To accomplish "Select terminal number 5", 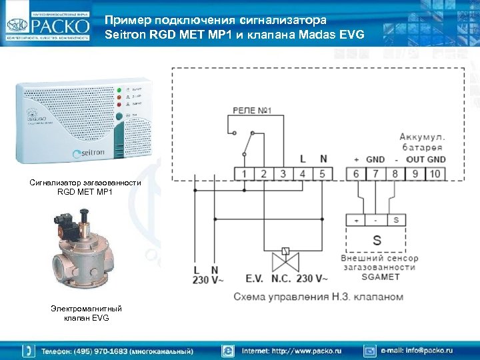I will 323,174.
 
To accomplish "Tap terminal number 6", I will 357,174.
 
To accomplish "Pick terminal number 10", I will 435,174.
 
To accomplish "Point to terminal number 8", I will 395,174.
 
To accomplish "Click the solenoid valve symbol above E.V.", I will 285,252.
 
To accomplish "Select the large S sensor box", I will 376,239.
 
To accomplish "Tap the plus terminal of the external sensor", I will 357,220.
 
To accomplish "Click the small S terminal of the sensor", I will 396,220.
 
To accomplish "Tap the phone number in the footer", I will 117,350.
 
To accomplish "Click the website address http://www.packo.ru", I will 291,350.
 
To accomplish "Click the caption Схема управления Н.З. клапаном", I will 319,296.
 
